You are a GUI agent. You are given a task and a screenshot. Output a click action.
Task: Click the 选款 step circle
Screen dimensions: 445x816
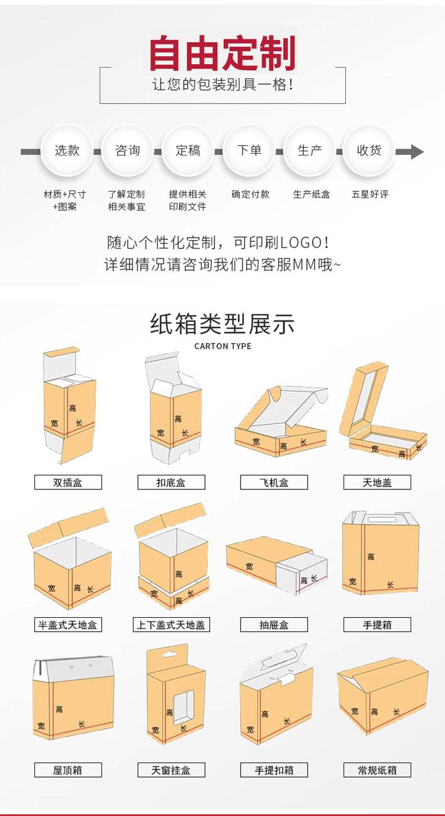click(x=66, y=150)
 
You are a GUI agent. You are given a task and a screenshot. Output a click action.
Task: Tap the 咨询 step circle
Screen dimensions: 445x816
click(x=127, y=150)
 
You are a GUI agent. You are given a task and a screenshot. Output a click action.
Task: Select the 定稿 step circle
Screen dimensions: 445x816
click(x=188, y=150)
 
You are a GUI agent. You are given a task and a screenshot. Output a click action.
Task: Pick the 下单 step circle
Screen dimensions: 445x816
click(x=248, y=150)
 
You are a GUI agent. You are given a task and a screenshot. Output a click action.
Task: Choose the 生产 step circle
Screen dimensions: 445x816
click(x=309, y=150)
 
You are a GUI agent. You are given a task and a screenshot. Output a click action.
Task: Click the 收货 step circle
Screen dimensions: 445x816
click(x=369, y=150)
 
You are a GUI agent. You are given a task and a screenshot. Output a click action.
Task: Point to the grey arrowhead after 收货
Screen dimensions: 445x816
click(x=417, y=151)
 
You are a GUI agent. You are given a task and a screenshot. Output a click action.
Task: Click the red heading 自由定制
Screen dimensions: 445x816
click(x=222, y=53)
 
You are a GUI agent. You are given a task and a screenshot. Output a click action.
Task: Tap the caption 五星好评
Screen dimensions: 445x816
click(x=370, y=194)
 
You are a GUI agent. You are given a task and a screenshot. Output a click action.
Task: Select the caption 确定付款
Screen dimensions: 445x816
click(x=250, y=194)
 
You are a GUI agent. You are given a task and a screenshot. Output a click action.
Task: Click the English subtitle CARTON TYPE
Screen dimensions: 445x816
click(x=222, y=346)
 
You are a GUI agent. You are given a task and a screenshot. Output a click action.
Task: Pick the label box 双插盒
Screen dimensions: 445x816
click(x=68, y=482)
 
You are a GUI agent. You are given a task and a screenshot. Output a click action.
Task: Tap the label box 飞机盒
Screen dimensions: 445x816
click(x=274, y=482)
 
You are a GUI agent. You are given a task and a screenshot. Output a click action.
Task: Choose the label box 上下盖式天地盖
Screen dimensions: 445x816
click(x=171, y=625)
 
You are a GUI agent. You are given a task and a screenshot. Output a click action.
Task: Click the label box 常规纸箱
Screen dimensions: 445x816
click(x=377, y=770)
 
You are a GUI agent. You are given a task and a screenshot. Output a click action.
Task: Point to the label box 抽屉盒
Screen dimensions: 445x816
click(x=274, y=625)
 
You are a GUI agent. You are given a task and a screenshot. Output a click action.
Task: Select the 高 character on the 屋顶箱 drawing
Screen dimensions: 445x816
click(x=59, y=709)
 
